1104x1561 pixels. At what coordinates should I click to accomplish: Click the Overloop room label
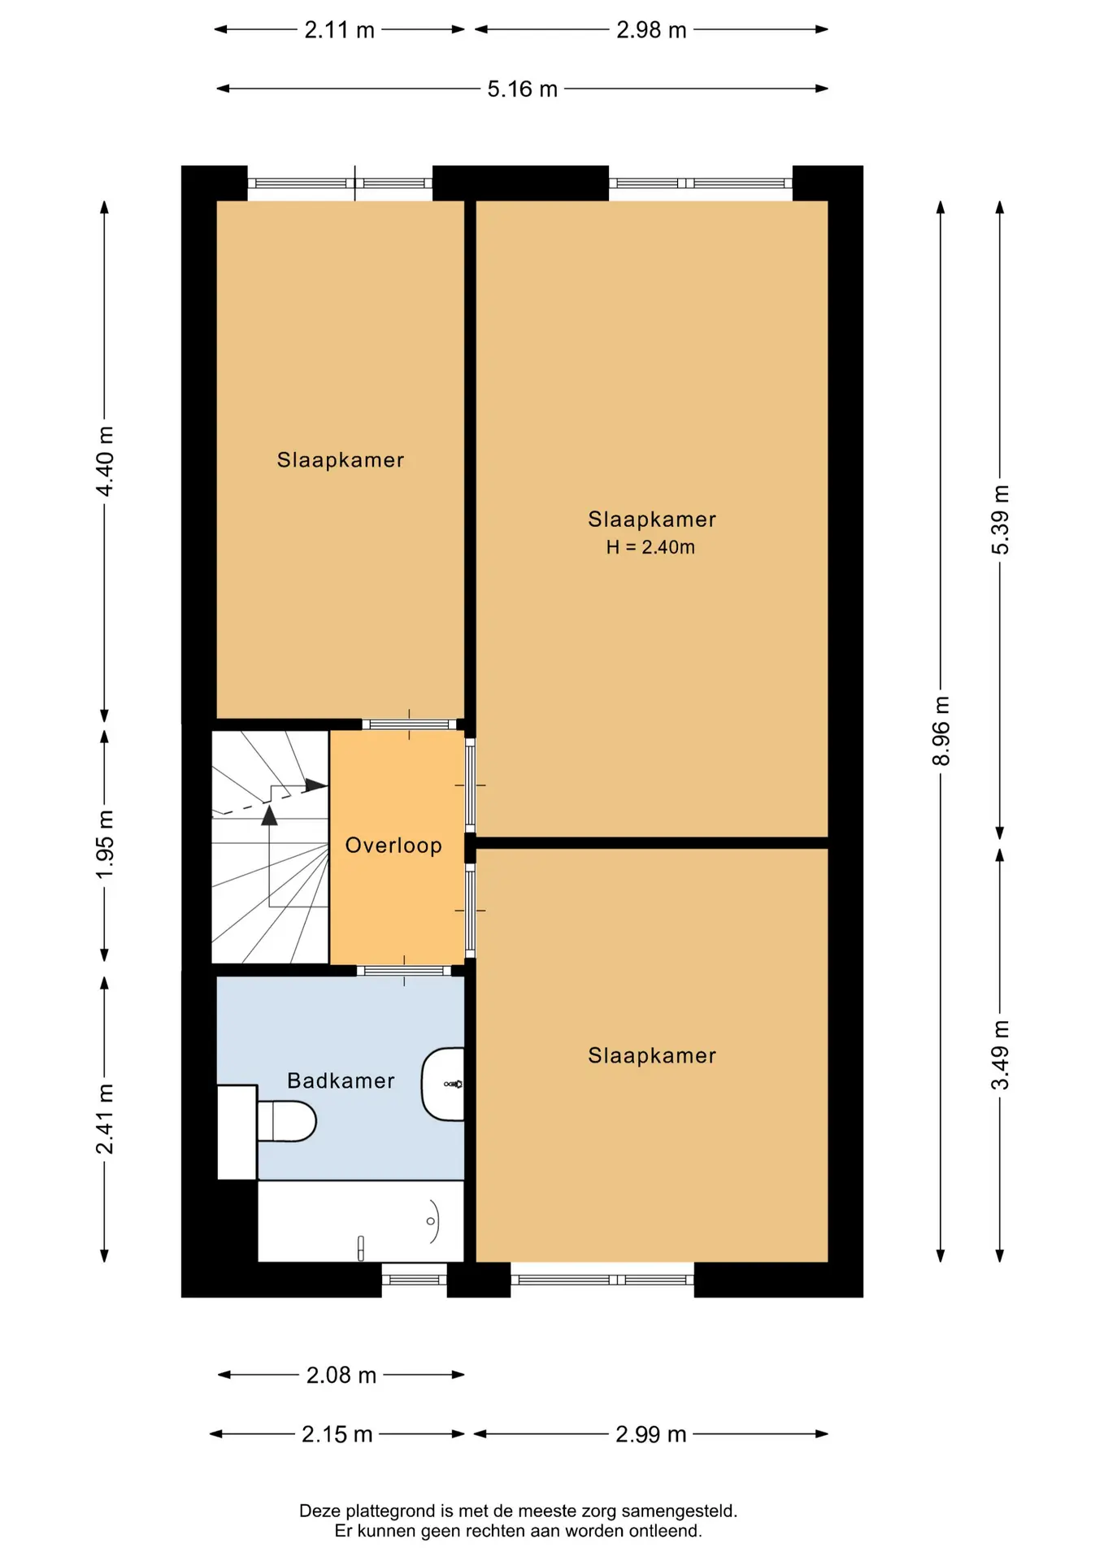[x=393, y=846]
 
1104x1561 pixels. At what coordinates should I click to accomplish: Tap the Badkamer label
[x=341, y=1081]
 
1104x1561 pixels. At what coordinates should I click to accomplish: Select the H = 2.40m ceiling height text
[x=650, y=547]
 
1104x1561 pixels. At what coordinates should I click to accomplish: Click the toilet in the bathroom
[x=286, y=1121]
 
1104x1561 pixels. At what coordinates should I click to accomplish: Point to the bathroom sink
[x=443, y=1085]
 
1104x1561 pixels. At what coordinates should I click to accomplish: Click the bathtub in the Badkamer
[x=361, y=1221]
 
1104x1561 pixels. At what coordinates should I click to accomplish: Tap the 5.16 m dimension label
[x=522, y=89]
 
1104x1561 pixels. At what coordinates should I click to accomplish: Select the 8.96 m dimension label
[x=941, y=731]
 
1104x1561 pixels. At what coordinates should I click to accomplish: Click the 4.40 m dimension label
[x=105, y=461]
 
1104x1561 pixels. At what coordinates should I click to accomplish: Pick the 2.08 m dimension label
[x=341, y=1375]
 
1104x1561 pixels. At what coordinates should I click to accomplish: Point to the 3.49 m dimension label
[x=1000, y=1054]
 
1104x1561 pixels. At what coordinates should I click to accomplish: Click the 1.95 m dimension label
[x=105, y=845]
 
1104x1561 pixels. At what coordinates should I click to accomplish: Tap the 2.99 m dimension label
[x=650, y=1434]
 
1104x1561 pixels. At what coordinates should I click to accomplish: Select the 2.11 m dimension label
[x=339, y=30]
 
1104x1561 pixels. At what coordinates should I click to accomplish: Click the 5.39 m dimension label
[x=1000, y=520]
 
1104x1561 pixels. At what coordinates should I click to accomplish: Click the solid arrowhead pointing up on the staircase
[x=269, y=815]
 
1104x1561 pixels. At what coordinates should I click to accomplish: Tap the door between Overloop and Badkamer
[x=404, y=971]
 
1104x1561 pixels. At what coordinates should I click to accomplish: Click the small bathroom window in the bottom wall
[x=415, y=1280]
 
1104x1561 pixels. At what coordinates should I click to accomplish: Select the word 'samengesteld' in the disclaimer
[x=679, y=1511]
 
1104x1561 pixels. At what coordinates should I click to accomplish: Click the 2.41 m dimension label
[x=105, y=1119]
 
